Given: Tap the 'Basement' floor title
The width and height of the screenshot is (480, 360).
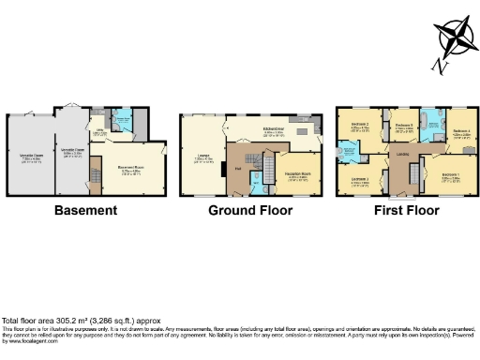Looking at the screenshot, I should [85, 210].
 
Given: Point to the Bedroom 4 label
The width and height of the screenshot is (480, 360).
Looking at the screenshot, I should [459, 131].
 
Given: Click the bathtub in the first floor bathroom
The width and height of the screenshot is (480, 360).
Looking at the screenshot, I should [430, 120].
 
